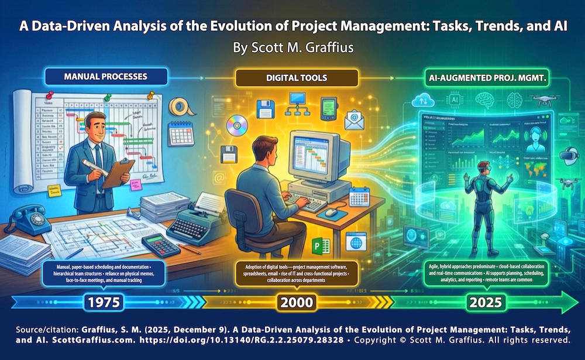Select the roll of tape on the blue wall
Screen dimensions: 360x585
coord(178,107)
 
